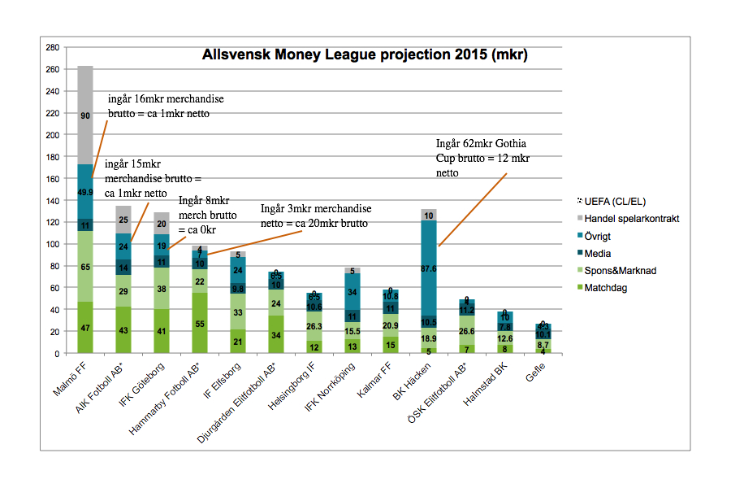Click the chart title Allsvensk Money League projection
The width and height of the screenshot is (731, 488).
365,56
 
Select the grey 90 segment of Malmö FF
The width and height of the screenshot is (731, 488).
84,115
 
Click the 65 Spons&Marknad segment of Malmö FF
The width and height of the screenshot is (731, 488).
84,267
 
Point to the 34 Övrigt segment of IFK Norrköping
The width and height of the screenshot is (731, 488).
352,291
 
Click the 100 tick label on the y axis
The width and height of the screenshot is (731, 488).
51,244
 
